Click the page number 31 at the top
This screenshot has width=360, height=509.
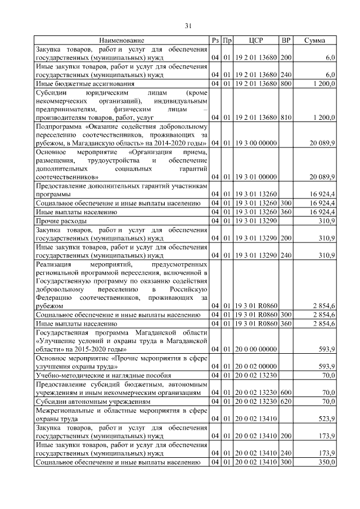(188, 25)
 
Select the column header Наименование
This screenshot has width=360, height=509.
(122, 40)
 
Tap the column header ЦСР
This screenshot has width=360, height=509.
(256, 40)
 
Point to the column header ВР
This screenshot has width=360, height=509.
(286, 40)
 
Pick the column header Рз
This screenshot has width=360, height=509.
(215, 40)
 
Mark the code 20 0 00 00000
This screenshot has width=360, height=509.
(256, 349)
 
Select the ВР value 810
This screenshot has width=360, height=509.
(286, 117)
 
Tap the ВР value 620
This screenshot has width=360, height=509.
(286, 403)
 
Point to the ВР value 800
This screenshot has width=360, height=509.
(286, 84)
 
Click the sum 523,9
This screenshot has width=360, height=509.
(327, 419)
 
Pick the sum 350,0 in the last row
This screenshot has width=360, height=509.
(327, 462)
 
